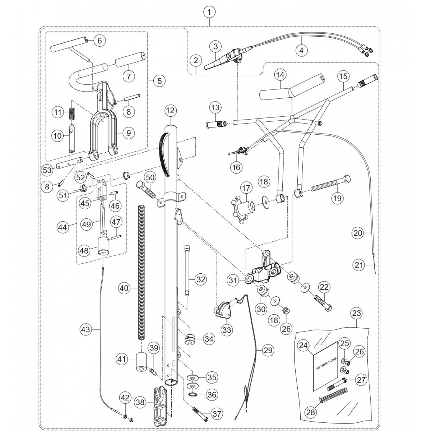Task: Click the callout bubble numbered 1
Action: point(209,12)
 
